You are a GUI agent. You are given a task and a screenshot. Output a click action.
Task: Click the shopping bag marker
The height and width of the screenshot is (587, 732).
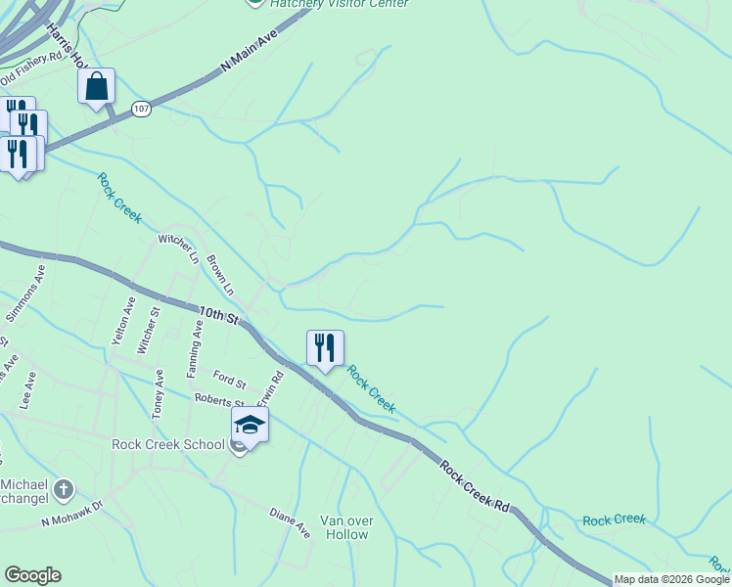[x=96, y=87]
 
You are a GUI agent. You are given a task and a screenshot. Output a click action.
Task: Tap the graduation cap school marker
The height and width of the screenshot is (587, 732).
[x=249, y=426]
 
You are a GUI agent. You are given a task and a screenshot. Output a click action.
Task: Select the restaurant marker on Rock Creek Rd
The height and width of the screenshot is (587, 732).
[x=325, y=348]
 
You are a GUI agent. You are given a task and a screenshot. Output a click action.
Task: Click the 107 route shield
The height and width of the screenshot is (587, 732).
[x=142, y=109]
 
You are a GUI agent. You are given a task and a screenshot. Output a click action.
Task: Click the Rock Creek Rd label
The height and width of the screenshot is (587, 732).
[x=475, y=486]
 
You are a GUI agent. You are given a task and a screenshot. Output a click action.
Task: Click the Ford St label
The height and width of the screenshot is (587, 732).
[x=230, y=380]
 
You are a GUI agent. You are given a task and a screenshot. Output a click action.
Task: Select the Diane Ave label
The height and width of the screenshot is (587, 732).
[x=290, y=523]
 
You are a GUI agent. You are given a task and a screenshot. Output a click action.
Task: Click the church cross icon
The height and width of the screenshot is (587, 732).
[x=64, y=488]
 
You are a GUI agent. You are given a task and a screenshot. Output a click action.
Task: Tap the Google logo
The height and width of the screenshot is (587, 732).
[x=32, y=575]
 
